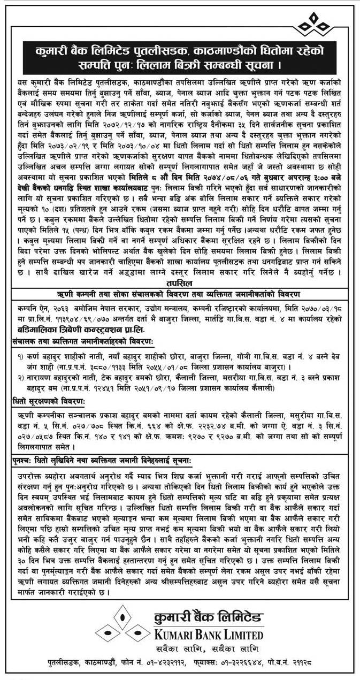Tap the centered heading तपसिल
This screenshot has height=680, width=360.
click(180, 284)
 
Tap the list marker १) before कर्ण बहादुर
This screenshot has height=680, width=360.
click(19, 356)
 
